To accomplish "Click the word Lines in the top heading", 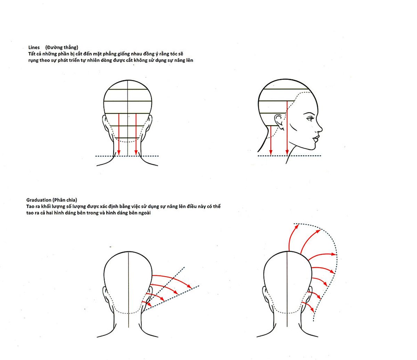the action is [x=34, y=48].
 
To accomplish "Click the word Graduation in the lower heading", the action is [x=39, y=200].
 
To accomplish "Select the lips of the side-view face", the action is [x=316, y=139].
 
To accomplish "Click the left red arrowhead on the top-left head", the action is [x=119, y=153].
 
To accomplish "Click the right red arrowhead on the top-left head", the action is [x=136, y=153].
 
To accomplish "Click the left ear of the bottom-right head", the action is [x=265, y=295].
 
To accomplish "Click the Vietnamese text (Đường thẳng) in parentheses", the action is [x=62, y=48].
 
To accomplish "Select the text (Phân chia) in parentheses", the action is [x=65, y=200].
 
